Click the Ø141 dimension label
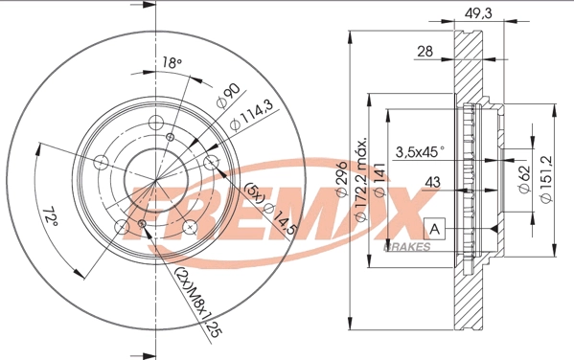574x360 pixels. [380, 182]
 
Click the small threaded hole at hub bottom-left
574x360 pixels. [141, 224]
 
